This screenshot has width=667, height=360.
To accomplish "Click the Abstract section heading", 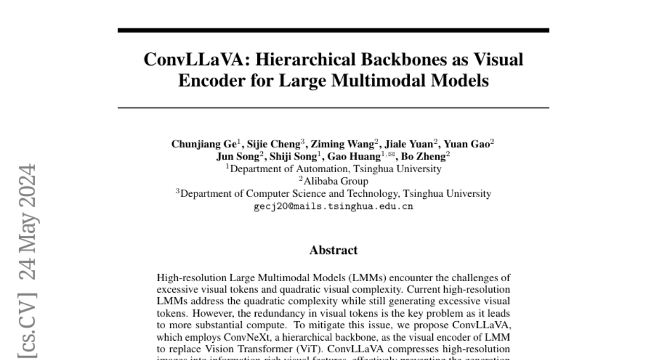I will tap(333, 250).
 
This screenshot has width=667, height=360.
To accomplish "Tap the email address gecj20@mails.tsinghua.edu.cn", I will tap(333, 206).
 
